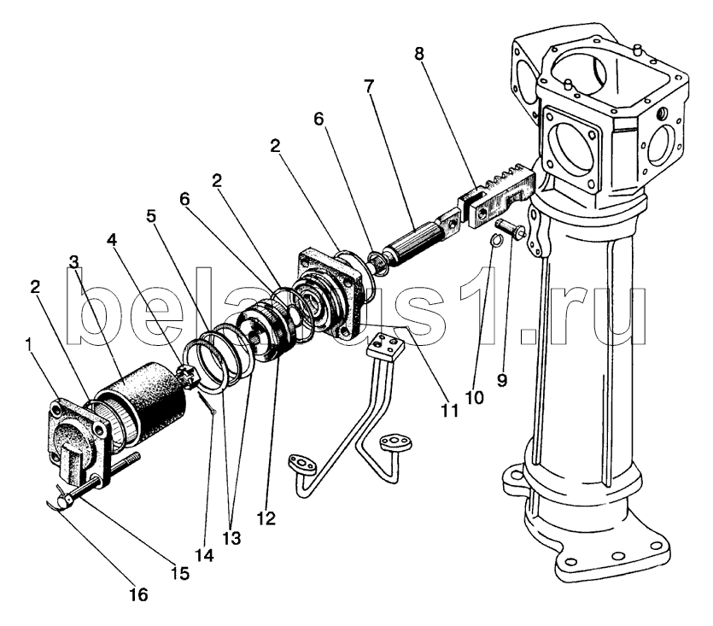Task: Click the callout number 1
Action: tap(29, 345)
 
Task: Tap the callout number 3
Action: tap(73, 262)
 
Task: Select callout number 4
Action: tap(112, 240)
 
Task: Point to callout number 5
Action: tap(151, 216)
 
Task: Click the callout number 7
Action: tap(369, 86)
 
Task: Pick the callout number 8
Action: tap(418, 54)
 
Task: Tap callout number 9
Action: tap(501, 379)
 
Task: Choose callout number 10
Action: tap(474, 397)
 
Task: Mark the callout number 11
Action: tap(449, 410)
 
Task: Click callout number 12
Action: tap(266, 518)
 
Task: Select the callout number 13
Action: tap(231, 538)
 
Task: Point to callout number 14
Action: tap(204, 555)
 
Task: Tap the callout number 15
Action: tap(180, 573)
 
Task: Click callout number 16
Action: tap(138, 594)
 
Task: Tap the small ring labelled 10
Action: tap(496, 240)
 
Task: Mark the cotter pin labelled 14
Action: tap(207, 404)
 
